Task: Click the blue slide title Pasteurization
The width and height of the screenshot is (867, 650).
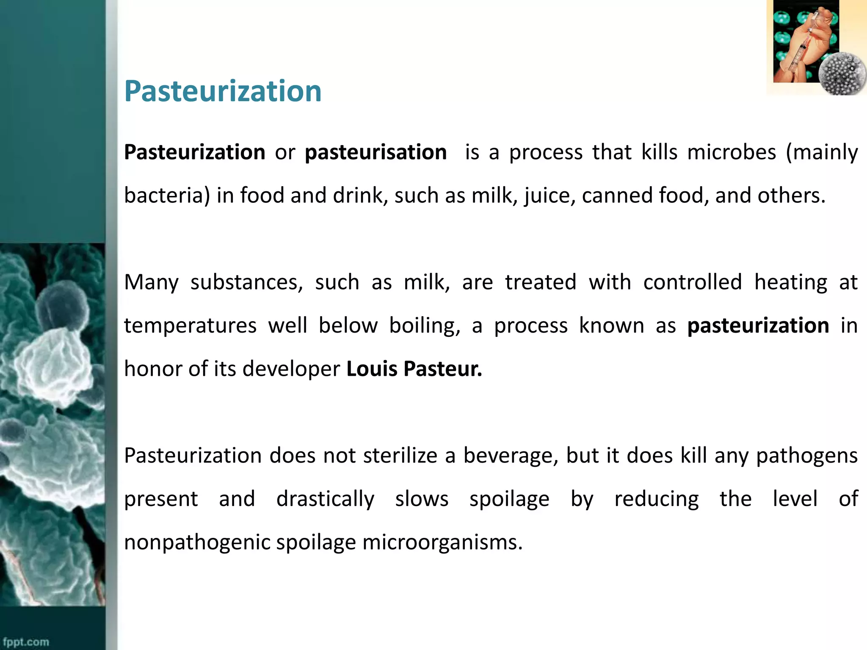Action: tap(223, 91)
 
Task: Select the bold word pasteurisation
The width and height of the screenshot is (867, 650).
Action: tap(376, 152)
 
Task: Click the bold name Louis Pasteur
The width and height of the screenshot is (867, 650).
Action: tap(414, 369)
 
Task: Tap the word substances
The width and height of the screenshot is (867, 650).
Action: tap(246, 282)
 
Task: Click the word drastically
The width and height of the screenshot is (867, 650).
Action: tap(325, 499)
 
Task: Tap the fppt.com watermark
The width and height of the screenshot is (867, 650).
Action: tap(26, 642)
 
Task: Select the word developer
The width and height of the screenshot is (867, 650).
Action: tap(291, 369)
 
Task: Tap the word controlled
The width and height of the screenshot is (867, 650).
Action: tap(692, 282)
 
